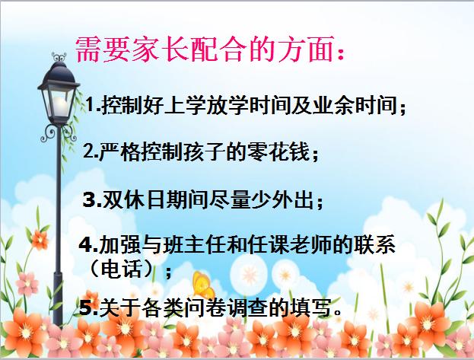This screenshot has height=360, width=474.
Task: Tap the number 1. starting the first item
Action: [x=93, y=105]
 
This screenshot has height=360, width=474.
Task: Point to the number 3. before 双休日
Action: [x=91, y=201]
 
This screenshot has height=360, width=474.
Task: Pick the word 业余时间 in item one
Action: [x=361, y=105]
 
